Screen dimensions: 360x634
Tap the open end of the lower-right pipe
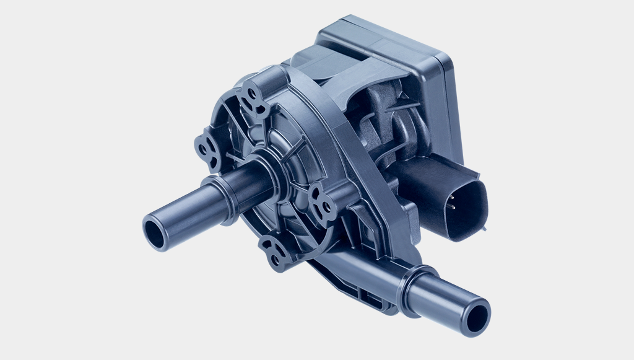(477, 319)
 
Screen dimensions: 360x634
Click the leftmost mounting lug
(209, 149)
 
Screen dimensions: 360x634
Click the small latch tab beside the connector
(482, 227)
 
